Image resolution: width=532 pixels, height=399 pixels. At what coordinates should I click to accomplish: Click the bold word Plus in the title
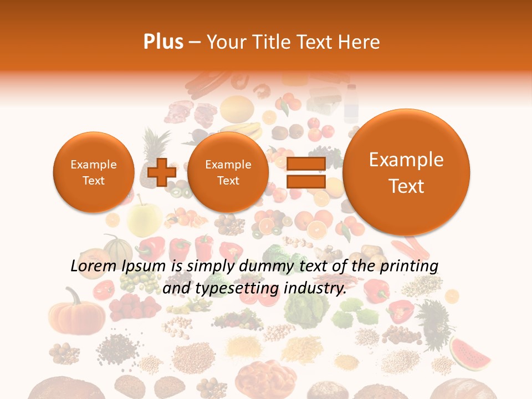(x=163, y=42)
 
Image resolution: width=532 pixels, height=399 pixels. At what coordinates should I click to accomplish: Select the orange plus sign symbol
(x=161, y=172)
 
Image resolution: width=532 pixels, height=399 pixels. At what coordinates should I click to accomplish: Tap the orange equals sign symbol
(x=305, y=172)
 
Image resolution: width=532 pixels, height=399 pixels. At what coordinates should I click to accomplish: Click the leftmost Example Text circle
(x=93, y=172)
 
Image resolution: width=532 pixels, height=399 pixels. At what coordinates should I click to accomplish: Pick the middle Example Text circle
(x=228, y=172)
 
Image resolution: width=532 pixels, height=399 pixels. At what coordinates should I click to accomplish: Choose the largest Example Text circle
(x=406, y=172)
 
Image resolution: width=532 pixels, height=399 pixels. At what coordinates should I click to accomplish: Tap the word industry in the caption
(x=314, y=288)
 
